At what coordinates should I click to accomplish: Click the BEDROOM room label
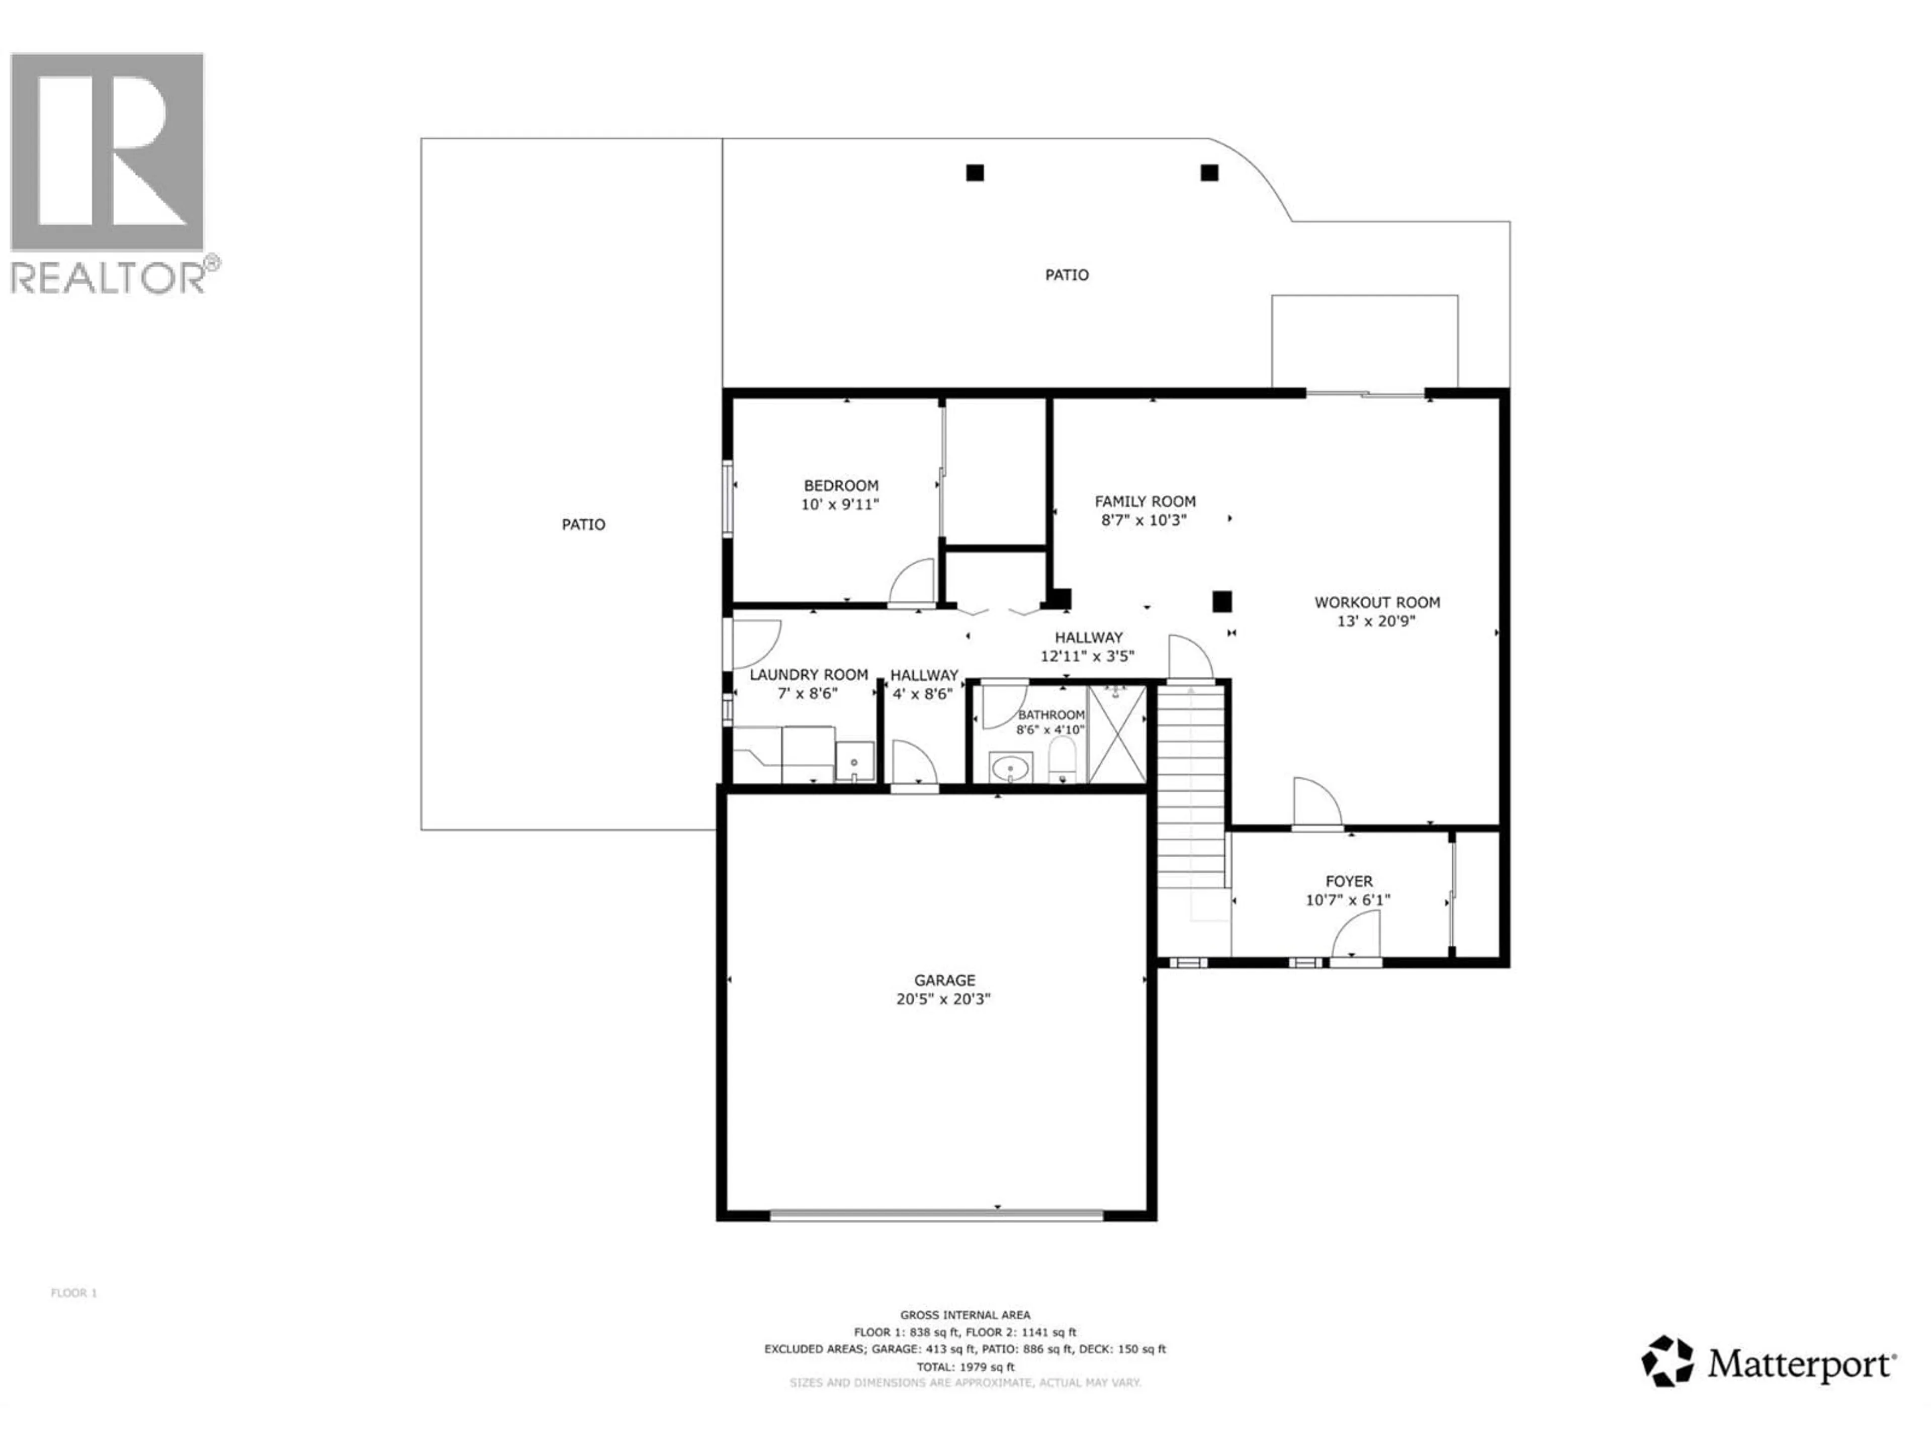point(841,485)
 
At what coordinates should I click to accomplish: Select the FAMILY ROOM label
point(1145,501)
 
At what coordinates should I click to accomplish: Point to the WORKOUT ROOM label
point(1377,602)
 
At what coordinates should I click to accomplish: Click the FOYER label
point(1349,881)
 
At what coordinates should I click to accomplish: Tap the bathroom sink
point(1011,769)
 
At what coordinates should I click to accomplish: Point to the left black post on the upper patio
point(975,173)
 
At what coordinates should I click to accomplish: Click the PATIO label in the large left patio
point(583,524)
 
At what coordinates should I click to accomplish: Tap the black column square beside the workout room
point(1221,600)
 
